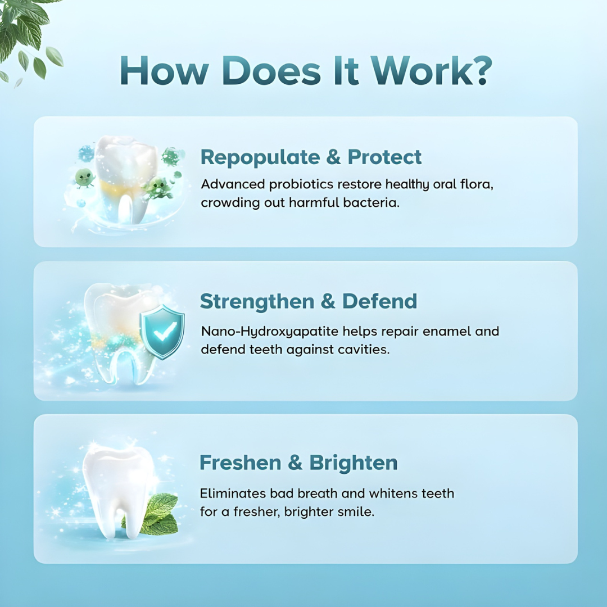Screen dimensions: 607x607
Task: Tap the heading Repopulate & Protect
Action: [311, 157]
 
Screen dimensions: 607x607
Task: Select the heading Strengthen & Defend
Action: [309, 301]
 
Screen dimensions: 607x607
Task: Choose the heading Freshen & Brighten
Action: [298, 463]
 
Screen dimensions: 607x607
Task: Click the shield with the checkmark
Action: [162, 332]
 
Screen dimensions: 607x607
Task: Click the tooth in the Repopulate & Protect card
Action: [125, 174]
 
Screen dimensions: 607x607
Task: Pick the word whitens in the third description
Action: [390, 494]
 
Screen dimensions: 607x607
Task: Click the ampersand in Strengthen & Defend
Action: [328, 302]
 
